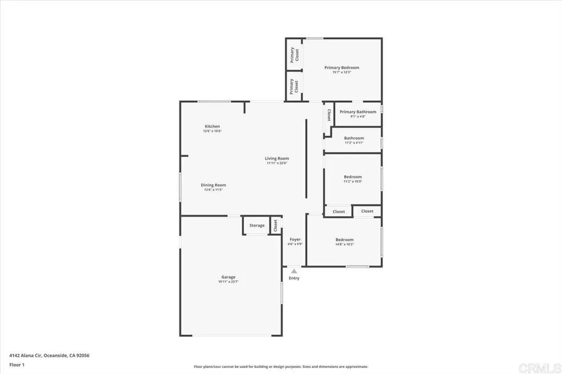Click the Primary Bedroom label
coord(341,67)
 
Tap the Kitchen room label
coord(212,126)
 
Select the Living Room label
coord(277,158)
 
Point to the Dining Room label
coord(213,185)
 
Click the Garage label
coord(228,277)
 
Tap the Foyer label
coord(295,240)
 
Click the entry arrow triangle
coord(294,271)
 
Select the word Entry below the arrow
coord(294,279)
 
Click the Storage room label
coord(257,225)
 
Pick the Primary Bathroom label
coord(358,112)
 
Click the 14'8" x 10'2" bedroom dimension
coord(345,244)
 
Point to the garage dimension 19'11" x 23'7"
coord(228,281)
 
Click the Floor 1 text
coord(17,364)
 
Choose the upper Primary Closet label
coord(294,54)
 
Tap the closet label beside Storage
coord(276,226)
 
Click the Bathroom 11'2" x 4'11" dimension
coord(354,143)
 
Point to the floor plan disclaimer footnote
coord(280,367)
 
